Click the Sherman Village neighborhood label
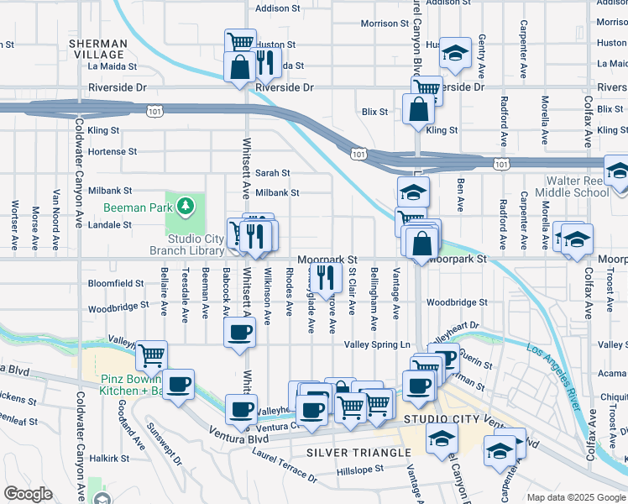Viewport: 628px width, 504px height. pyautogui.click(x=99, y=49)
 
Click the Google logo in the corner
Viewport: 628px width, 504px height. pyautogui.click(x=28, y=494)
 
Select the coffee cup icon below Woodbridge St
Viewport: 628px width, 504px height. pyautogui.click(x=239, y=331)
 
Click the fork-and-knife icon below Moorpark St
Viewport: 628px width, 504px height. pyautogui.click(x=324, y=274)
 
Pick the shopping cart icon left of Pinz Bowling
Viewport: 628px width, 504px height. pyautogui.click(x=151, y=355)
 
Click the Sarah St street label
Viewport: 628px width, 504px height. pyautogui.click(x=273, y=173)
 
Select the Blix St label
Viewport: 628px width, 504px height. pyautogui.click(x=374, y=111)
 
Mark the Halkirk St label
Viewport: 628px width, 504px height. pyautogui.click(x=109, y=458)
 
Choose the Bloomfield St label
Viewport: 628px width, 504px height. pyautogui.click(x=116, y=284)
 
